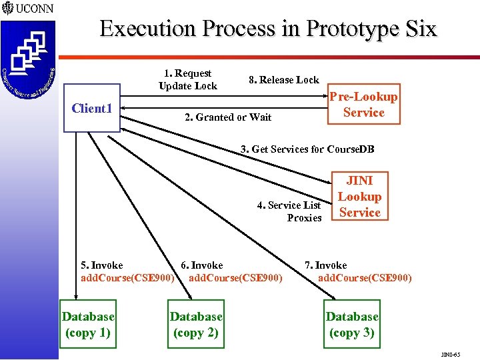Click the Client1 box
(x=91, y=108)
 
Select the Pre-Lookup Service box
(x=364, y=105)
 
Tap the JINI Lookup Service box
(x=360, y=197)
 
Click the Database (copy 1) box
(x=88, y=325)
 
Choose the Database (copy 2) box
(x=196, y=325)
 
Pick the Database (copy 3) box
(x=352, y=325)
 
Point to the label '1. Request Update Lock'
(x=188, y=79)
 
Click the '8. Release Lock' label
(x=283, y=80)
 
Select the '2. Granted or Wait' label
(x=228, y=117)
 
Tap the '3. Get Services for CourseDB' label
(x=307, y=149)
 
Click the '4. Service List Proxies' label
(x=290, y=211)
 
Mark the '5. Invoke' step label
(x=101, y=265)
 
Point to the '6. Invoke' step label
(x=202, y=265)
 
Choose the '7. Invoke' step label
(x=326, y=265)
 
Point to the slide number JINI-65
(x=451, y=354)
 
